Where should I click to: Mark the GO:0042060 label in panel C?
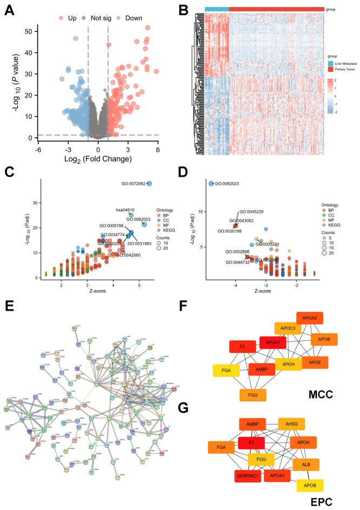coord(128,255)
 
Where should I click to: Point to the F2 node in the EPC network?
coord(251,444)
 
